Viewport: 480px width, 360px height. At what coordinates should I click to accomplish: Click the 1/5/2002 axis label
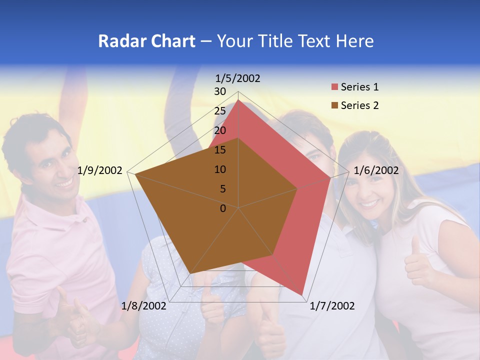pos(238,78)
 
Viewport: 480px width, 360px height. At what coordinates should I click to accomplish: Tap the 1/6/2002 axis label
pos(376,170)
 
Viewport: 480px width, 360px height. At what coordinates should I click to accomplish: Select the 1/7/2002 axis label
pos(332,306)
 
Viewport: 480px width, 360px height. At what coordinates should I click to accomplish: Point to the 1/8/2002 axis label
pos(143,306)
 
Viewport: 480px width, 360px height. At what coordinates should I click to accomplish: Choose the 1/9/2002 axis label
pos(100,170)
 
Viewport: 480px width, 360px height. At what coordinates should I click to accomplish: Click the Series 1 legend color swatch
pos(334,87)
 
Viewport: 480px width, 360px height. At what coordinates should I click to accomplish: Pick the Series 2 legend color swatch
pos(334,105)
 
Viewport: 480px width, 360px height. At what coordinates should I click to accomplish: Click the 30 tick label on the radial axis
pos(220,91)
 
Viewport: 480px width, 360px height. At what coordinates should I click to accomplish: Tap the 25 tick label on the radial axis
pos(220,111)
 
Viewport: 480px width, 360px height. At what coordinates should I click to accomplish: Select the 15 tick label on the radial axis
pos(220,150)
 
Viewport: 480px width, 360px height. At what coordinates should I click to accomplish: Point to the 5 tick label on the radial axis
pos(222,189)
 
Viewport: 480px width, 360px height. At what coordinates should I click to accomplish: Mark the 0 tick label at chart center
pos(223,208)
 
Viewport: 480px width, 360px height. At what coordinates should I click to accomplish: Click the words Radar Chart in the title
pos(146,41)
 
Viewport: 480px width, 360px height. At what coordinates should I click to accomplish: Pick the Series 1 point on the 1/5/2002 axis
pos(238,100)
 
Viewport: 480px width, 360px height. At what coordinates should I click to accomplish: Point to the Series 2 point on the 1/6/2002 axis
pos(297,188)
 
